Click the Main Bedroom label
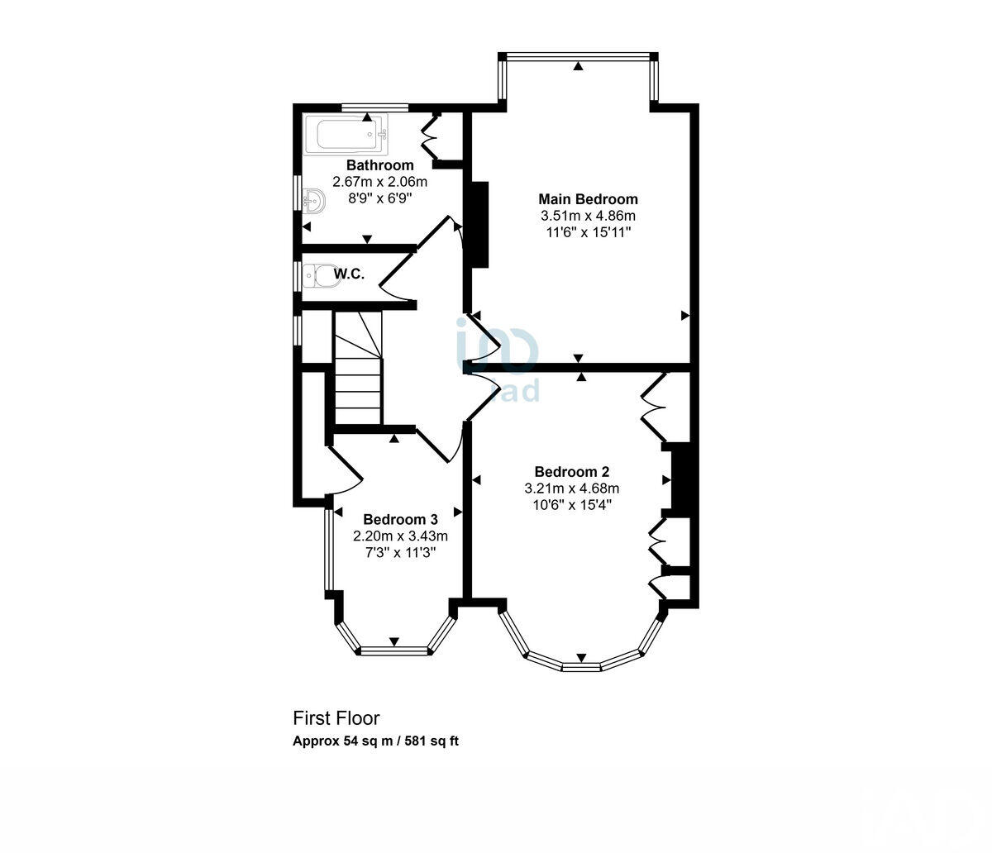588,199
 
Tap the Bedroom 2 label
571,472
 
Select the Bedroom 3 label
400,519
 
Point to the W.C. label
349,274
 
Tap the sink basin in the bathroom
313,199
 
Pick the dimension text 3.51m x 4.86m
588,216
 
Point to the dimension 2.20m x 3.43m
400,536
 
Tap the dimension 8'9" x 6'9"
372,198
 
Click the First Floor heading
336,718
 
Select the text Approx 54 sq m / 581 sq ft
375,741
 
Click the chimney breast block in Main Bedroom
479,224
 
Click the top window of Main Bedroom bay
579,57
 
